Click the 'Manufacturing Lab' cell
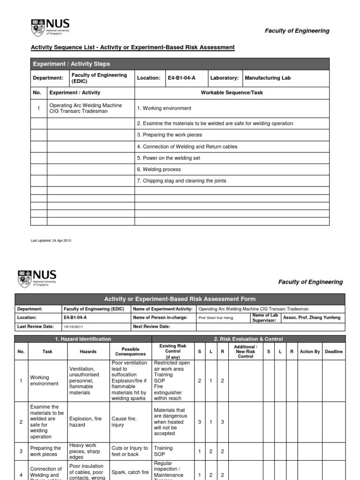[267, 78]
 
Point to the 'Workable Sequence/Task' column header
[232, 93]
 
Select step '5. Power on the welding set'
[168, 158]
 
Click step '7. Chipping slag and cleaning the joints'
[181, 180]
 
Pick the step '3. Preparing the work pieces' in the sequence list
[169, 135]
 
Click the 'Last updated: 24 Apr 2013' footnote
[51, 240]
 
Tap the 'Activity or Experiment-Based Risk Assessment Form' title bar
[180, 299]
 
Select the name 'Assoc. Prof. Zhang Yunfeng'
[312, 318]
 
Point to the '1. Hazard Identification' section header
[83, 339]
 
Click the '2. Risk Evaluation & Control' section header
[248, 339]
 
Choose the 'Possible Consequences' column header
[130, 352]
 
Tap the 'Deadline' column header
[333, 352]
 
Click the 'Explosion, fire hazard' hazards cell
[85, 422]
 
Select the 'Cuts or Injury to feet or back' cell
[130, 451]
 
